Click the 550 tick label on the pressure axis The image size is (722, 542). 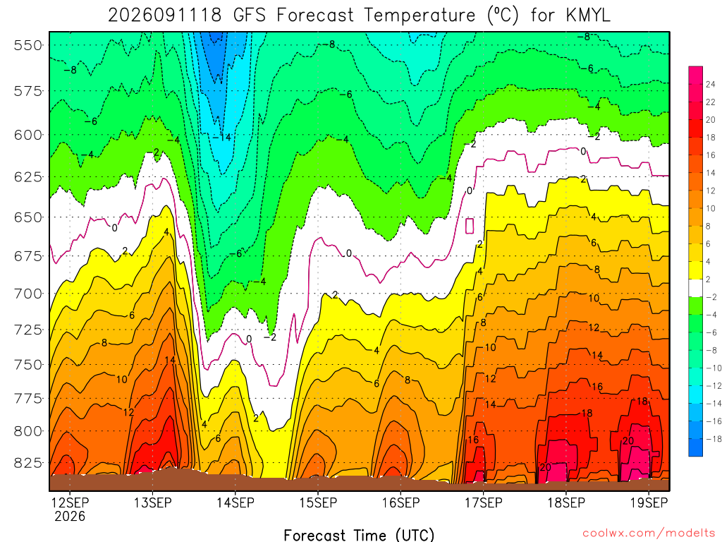pyautogui.click(x=28, y=46)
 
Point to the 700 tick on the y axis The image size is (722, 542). pyautogui.click(x=28, y=294)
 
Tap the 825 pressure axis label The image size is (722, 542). pyautogui.click(x=28, y=463)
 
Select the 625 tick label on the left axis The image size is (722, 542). pyautogui.click(x=28, y=177)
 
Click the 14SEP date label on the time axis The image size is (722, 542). pyautogui.click(x=235, y=502)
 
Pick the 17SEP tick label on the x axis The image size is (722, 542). pyautogui.click(x=484, y=502)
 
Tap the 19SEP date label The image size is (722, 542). pyautogui.click(x=649, y=502)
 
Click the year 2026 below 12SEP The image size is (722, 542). pyautogui.click(x=70, y=517)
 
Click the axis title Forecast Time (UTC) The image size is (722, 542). pyautogui.click(x=359, y=535)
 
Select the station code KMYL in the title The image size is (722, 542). pyautogui.click(x=587, y=16)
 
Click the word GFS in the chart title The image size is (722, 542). pyautogui.click(x=250, y=16)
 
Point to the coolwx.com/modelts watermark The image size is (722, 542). pyautogui.click(x=649, y=534)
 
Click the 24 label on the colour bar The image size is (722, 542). pyautogui.click(x=711, y=85)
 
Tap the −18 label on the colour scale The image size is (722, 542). pyautogui.click(x=714, y=439)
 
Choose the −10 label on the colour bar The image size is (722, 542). pyautogui.click(x=714, y=368)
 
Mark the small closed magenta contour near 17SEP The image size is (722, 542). pyautogui.click(x=470, y=226)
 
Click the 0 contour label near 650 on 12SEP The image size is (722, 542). pyautogui.click(x=115, y=228)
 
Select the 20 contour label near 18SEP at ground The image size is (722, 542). pyautogui.click(x=545, y=467)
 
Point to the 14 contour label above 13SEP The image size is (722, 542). pyautogui.click(x=170, y=360)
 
